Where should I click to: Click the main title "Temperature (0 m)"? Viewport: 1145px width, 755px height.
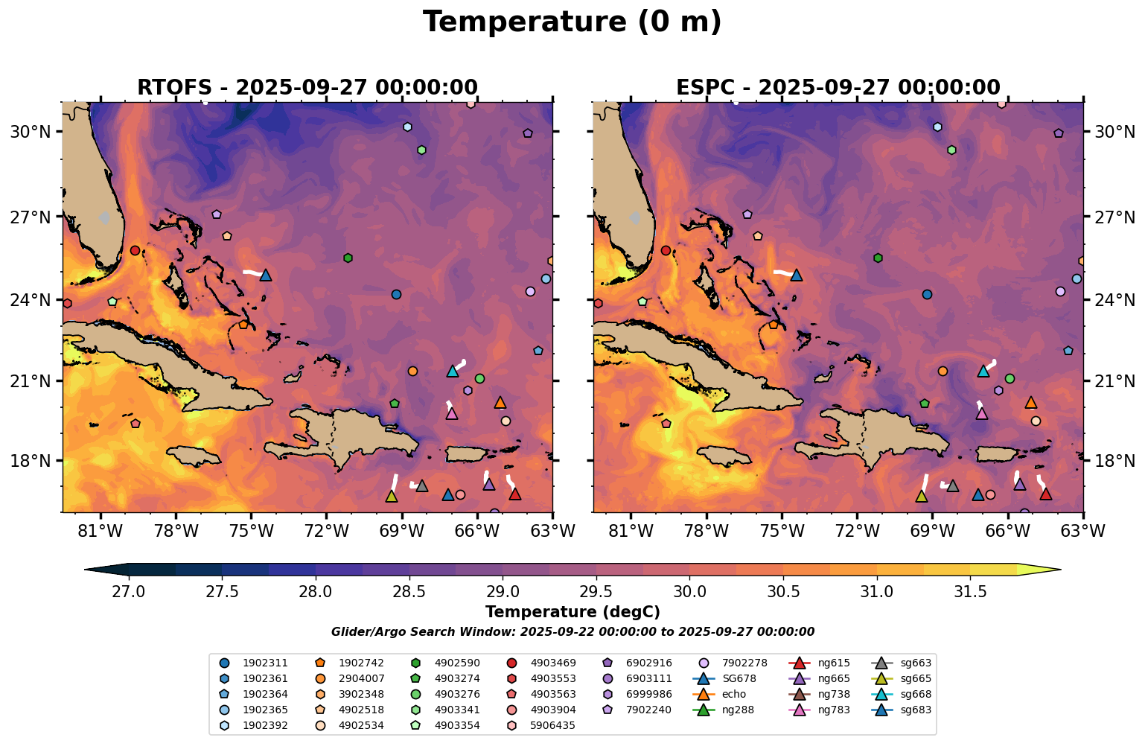pos(572,22)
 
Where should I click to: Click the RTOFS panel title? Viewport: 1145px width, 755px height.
pos(307,88)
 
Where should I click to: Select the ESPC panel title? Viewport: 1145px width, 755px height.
pos(838,88)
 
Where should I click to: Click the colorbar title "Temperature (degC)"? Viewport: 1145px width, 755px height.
pos(572,612)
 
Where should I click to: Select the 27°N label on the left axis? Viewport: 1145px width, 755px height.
pos(30,217)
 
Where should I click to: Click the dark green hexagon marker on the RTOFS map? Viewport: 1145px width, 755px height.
pos(348,258)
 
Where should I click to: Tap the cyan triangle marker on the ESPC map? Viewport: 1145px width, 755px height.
pos(983,371)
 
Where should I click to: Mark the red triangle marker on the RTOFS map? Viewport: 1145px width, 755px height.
pos(514,494)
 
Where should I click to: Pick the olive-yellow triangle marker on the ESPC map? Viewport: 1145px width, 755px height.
pos(922,496)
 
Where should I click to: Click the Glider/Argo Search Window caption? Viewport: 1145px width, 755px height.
pos(572,631)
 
